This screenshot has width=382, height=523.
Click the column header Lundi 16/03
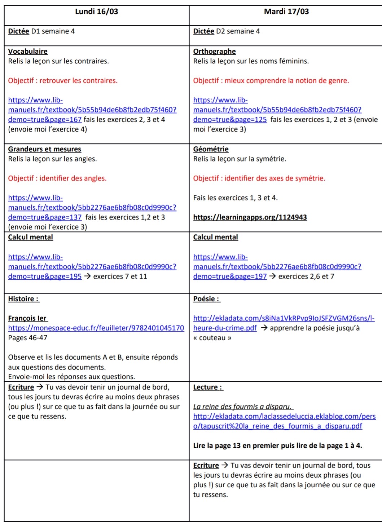pos(96,12)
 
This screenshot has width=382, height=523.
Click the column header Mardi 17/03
pos(286,12)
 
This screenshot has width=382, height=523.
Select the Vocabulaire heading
pos(28,52)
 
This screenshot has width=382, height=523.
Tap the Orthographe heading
pos(214,52)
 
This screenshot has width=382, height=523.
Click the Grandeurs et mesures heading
pos(45,149)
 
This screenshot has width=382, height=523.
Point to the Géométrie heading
pos(211,149)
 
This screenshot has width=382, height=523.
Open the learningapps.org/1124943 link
pos(250,217)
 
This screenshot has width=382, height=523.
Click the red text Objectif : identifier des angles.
pos(57,178)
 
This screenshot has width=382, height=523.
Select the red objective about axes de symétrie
pos(259,178)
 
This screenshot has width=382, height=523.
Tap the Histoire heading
pos(24,299)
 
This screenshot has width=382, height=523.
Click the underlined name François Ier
pos(27,318)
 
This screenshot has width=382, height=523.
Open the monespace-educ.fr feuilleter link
pos(96,328)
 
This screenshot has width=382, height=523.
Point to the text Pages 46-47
pos(28,338)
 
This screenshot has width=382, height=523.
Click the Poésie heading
pos(207,299)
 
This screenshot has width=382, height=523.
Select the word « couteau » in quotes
pos(212,338)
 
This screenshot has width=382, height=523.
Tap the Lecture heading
pos(208,387)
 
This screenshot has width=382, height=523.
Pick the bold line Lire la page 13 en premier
pos(277,446)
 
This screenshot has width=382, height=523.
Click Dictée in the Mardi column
pos(203,31)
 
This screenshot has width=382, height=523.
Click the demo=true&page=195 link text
pos(45,276)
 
